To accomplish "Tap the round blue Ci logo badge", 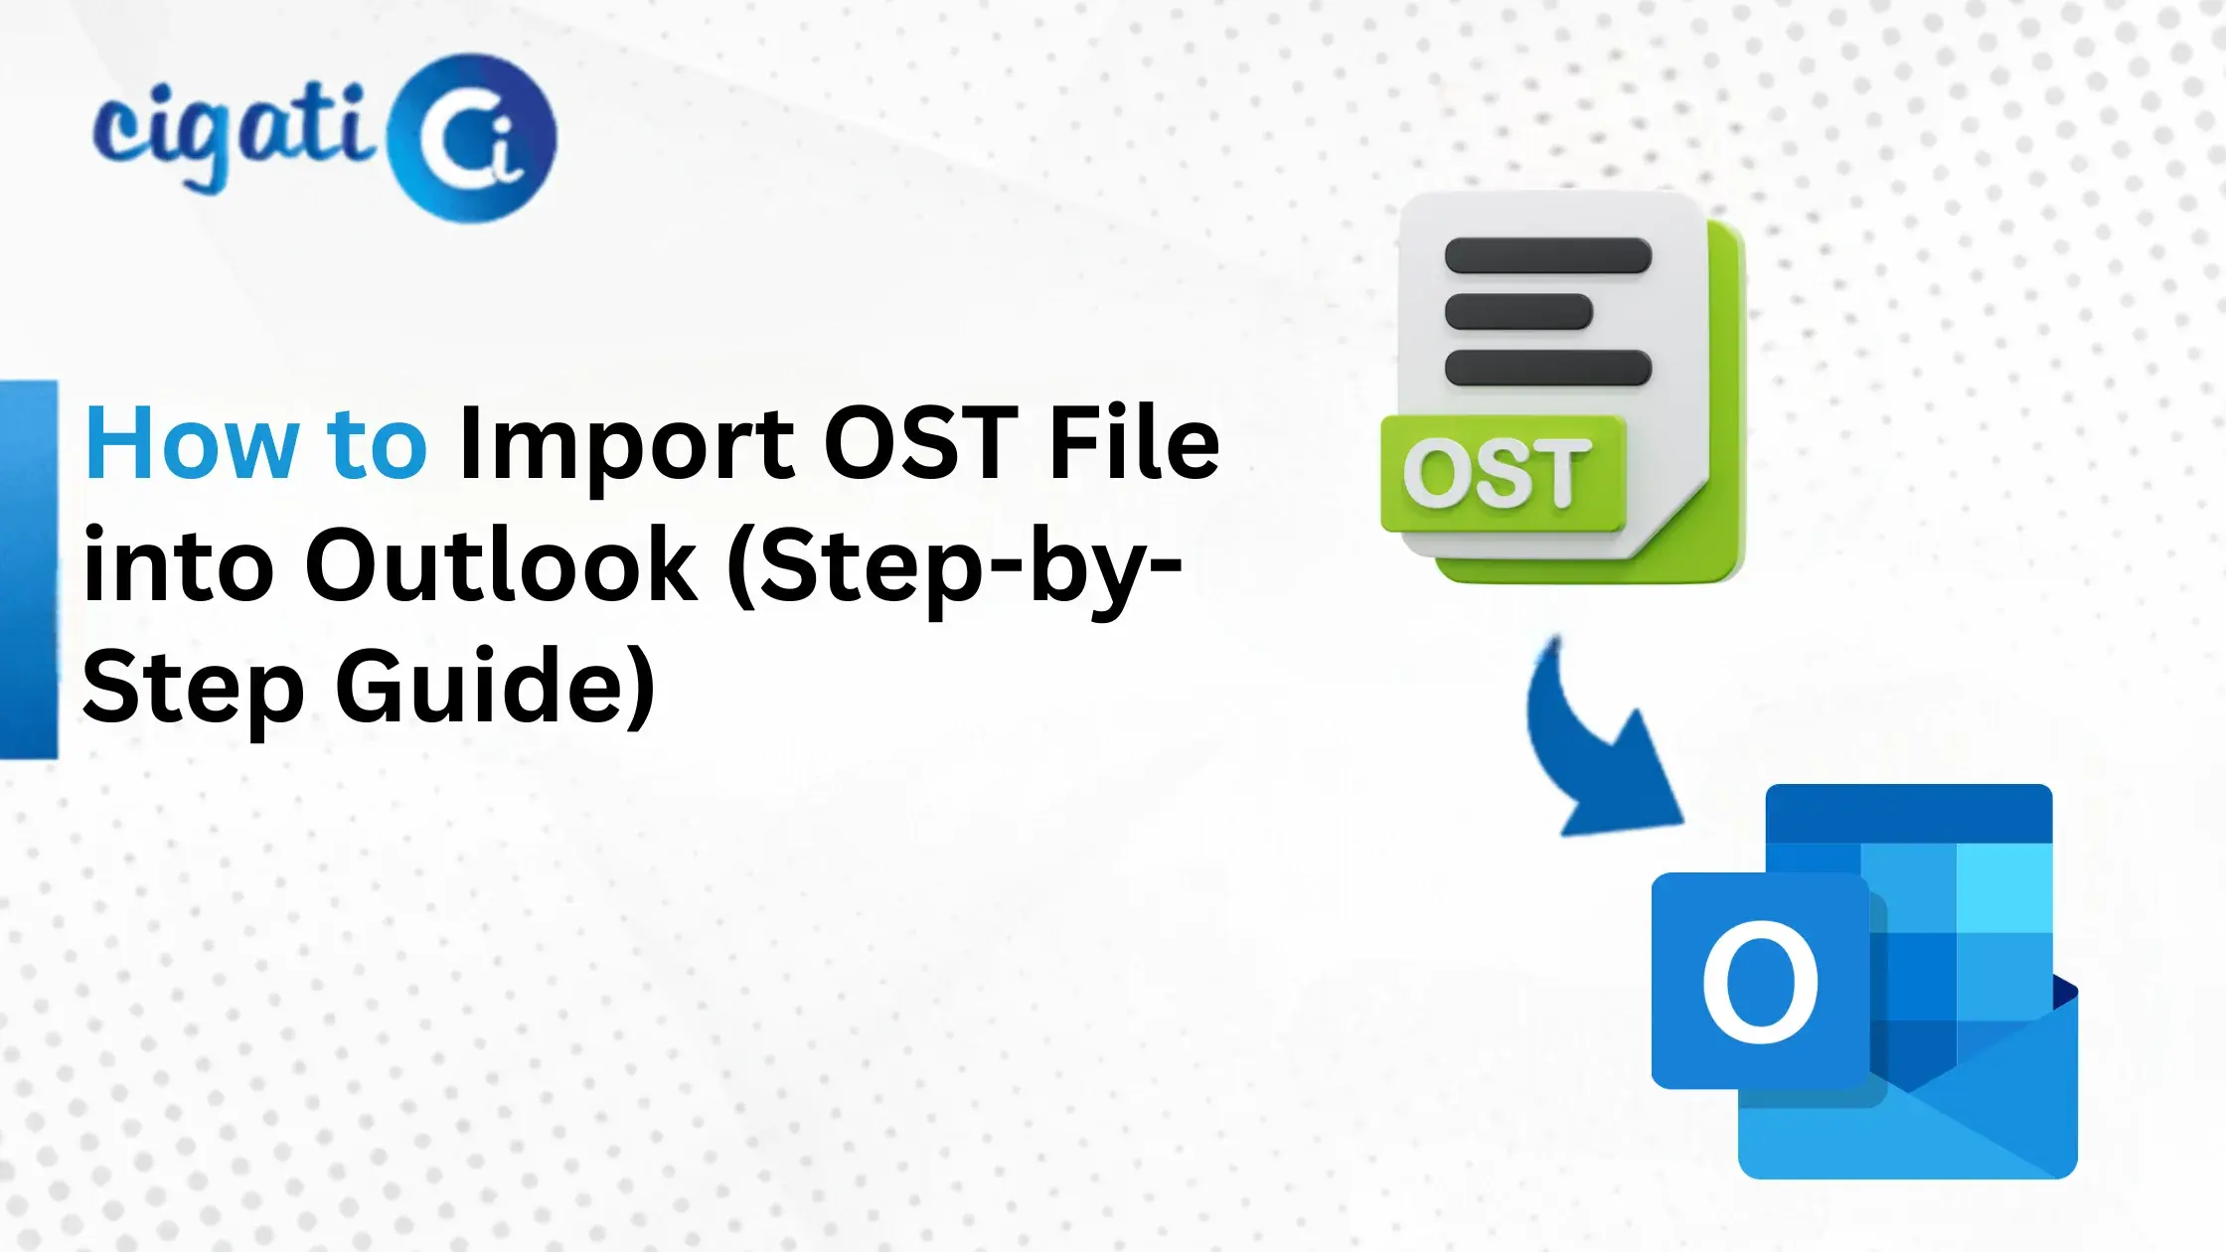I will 472,139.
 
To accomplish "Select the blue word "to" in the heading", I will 378,444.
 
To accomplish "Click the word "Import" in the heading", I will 627,444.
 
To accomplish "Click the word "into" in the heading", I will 179,566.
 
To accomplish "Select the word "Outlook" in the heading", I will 502,566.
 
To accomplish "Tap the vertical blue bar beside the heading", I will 28,569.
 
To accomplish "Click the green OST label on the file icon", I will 1502,474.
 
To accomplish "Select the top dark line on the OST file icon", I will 1547,255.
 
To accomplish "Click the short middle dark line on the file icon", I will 1518,312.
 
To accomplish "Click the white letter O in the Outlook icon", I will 1760,982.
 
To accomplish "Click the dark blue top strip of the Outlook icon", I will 1909,814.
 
